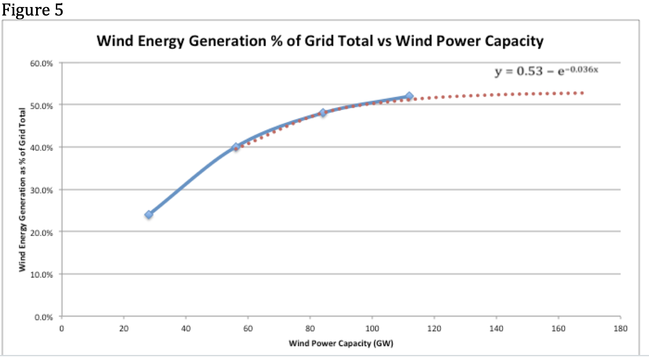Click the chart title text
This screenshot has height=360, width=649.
click(320, 41)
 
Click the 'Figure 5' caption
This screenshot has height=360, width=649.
click(32, 10)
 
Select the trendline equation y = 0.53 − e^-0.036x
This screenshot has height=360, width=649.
click(546, 71)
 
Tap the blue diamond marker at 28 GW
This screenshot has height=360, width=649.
click(149, 214)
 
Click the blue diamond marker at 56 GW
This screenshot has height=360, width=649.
click(236, 147)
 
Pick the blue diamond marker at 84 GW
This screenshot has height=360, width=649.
click(322, 112)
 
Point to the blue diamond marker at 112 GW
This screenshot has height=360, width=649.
click(409, 96)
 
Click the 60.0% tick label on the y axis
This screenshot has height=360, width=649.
click(41, 63)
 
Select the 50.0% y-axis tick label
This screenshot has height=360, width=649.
click(41, 106)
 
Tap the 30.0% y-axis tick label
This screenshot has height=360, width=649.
click(41, 190)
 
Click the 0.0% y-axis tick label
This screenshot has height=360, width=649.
click(43, 317)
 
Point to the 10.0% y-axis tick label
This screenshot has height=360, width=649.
click(41, 275)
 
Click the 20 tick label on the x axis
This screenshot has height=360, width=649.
click(123, 329)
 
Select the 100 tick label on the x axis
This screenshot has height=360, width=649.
click(372, 329)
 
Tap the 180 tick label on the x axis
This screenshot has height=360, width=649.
click(620, 329)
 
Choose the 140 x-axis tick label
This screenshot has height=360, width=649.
click(496, 329)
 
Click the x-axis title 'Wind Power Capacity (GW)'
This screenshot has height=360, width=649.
click(341, 344)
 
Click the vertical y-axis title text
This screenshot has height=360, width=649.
click(22, 190)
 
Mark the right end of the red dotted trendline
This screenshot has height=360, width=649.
click(582, 93)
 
